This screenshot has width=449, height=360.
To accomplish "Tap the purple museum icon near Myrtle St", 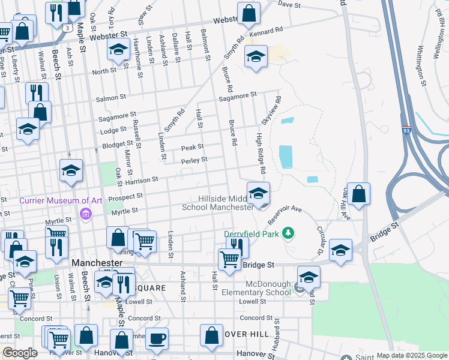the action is point(86,214).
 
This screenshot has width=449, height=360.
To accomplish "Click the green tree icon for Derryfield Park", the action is point(289,232).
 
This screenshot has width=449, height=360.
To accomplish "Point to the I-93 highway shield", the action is point(406,130).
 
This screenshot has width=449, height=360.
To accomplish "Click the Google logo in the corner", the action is point(20,353).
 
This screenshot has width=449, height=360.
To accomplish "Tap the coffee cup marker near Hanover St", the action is point(157,339).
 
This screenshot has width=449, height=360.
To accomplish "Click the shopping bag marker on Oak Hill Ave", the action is point(358,194).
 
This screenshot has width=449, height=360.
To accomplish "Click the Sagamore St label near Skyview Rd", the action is point(237,95).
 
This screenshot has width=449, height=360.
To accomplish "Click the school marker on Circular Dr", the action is point(340,251).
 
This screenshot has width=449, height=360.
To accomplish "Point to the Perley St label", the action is point(194,160).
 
